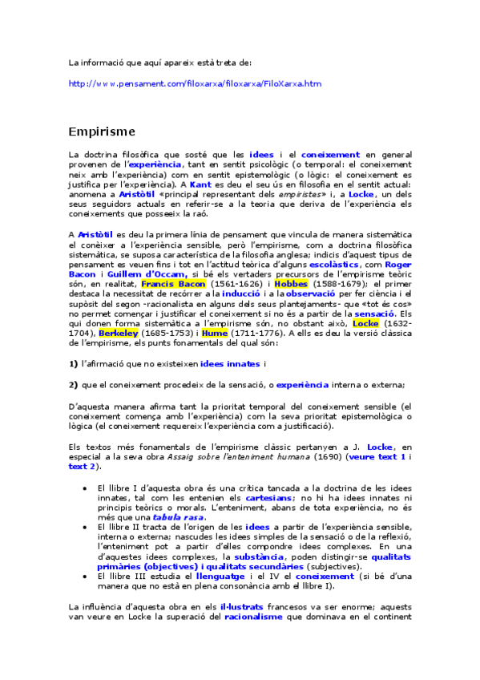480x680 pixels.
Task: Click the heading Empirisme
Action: (x=102, y=131)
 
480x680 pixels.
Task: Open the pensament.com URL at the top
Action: (x=195, y=83)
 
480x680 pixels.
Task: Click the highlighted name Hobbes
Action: (x=290, y=284)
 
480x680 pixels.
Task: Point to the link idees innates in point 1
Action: (x=229, y=362)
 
